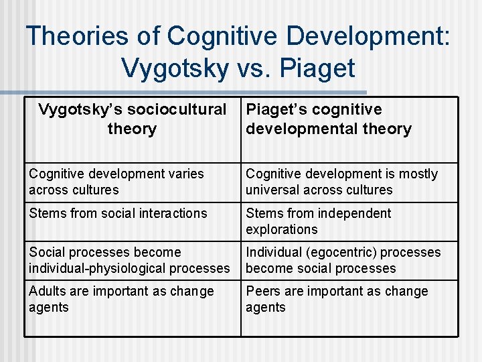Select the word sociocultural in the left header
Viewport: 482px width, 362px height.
pyautogui.click(x=179, y=110)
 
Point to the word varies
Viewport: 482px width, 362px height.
pyautogui.click(x=184, y=174)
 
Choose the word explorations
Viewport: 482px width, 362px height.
pyautogui.click(x=282, y=229)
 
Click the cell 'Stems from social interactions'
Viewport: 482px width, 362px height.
pyautogui.click(x=133, y=222)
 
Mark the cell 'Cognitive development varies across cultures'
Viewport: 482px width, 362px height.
pyautogui.click(x=133, y=182)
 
